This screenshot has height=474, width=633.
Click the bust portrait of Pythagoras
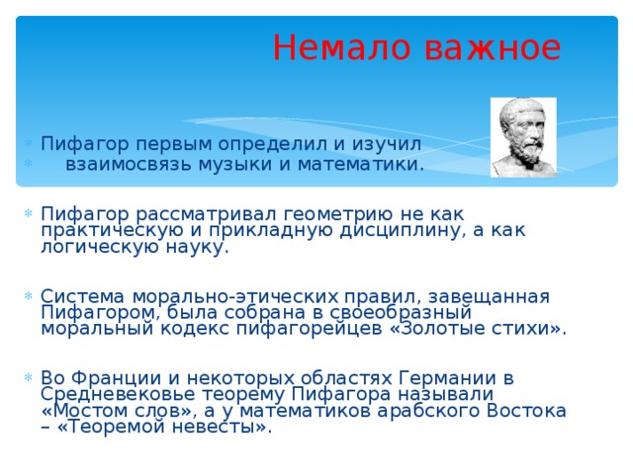(x=523, y=137)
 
